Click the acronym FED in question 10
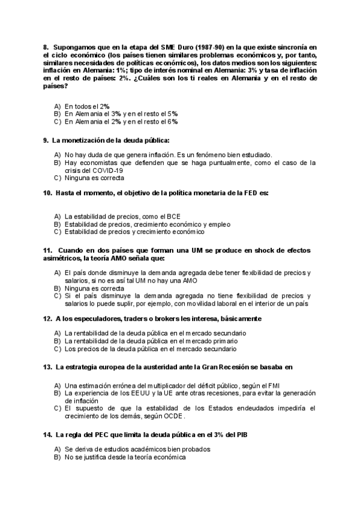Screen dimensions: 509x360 coord(251,193)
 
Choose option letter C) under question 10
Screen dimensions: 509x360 coord(58,232)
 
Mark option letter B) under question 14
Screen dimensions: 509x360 coord(58,457)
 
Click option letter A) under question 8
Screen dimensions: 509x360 coord(58,106)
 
